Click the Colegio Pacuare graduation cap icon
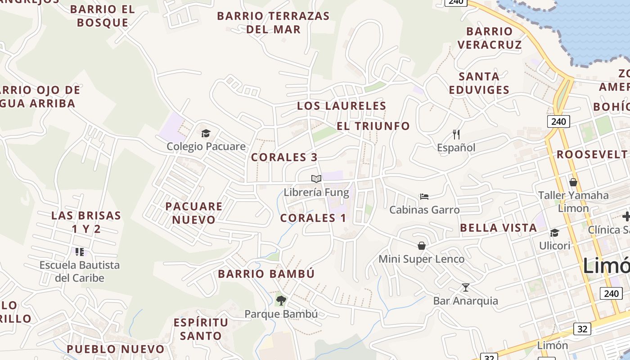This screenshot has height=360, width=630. pyautogui.click(x=206, y=133)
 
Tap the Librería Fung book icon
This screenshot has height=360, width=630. pyautogui.click(x=316, y=179)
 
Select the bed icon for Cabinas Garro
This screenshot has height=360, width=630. pyautogui.click(x=424, y=196)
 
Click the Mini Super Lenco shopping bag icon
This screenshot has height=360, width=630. pyautogui.click(x=422, y=245)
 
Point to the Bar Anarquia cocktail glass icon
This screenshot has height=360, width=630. pyautogui.click(x=465, y=287)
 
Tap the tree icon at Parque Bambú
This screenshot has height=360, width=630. pyautogui.click(x=281, y=300)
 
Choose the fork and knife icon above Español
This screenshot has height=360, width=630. pyautogui.click(x=456, y=134)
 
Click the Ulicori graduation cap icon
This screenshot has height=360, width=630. pyautogui.click(x=554, y=233)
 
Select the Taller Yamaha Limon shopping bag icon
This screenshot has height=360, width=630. pyautogui.click(x=573, y=182)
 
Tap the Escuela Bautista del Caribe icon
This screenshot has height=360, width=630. pyautogui.click(x=80, y=252)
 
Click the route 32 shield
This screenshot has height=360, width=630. pyautogui.click(x=582, y=329)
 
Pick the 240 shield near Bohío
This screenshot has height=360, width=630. pyautogui.click(x=559, y=121)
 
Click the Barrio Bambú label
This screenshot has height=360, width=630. pyautogui.click(x=266, y=274)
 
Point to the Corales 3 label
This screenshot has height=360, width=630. pyautogui.click(x=284, y=157)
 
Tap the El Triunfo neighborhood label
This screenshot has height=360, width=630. pyautogui.click(x=373, y=126)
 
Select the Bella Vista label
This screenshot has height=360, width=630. pyautogui.click(x=498, y=228)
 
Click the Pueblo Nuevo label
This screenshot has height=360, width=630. pyautogui.click(x=116, y=349)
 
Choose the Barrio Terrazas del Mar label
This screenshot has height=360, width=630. pyautogui.click(x=273, y=22)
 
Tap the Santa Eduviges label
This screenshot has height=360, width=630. pyautogui.click(x=479, y=83)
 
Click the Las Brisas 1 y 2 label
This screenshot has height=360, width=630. pyautogui.click(x=86, y=222)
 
